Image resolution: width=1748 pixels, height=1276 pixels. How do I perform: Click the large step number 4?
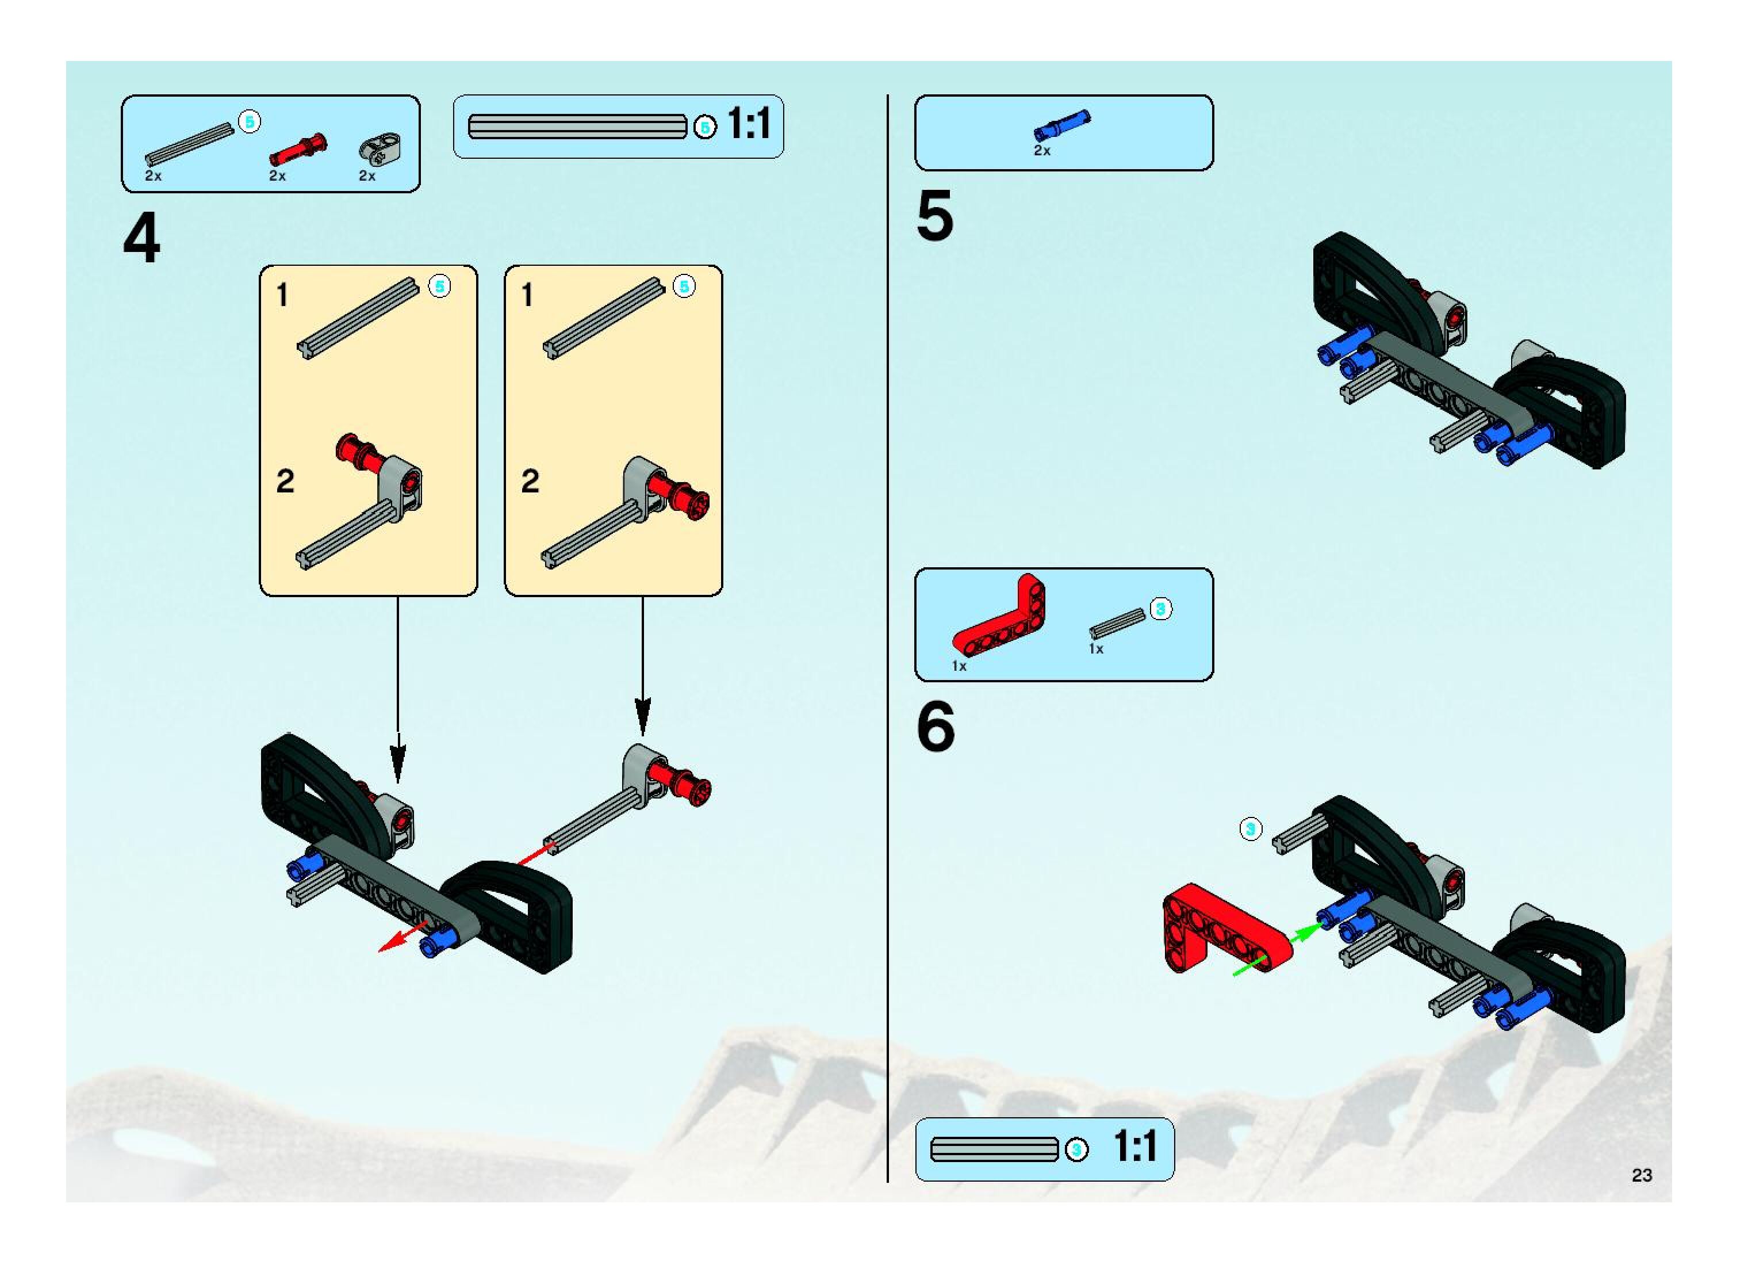pos(141,239)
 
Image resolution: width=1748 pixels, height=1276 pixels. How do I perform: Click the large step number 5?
pos(935,216)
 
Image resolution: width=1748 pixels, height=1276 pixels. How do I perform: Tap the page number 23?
pos(1642,1175)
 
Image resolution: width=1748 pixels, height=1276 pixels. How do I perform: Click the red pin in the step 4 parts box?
pos(298,149)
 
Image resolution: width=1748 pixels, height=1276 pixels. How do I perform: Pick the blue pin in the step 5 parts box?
pos(1063,126)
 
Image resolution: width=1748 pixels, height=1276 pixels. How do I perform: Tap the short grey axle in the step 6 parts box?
pos(1117,623)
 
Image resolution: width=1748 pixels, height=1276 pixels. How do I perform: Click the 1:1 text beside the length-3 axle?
pos(1135,1146)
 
